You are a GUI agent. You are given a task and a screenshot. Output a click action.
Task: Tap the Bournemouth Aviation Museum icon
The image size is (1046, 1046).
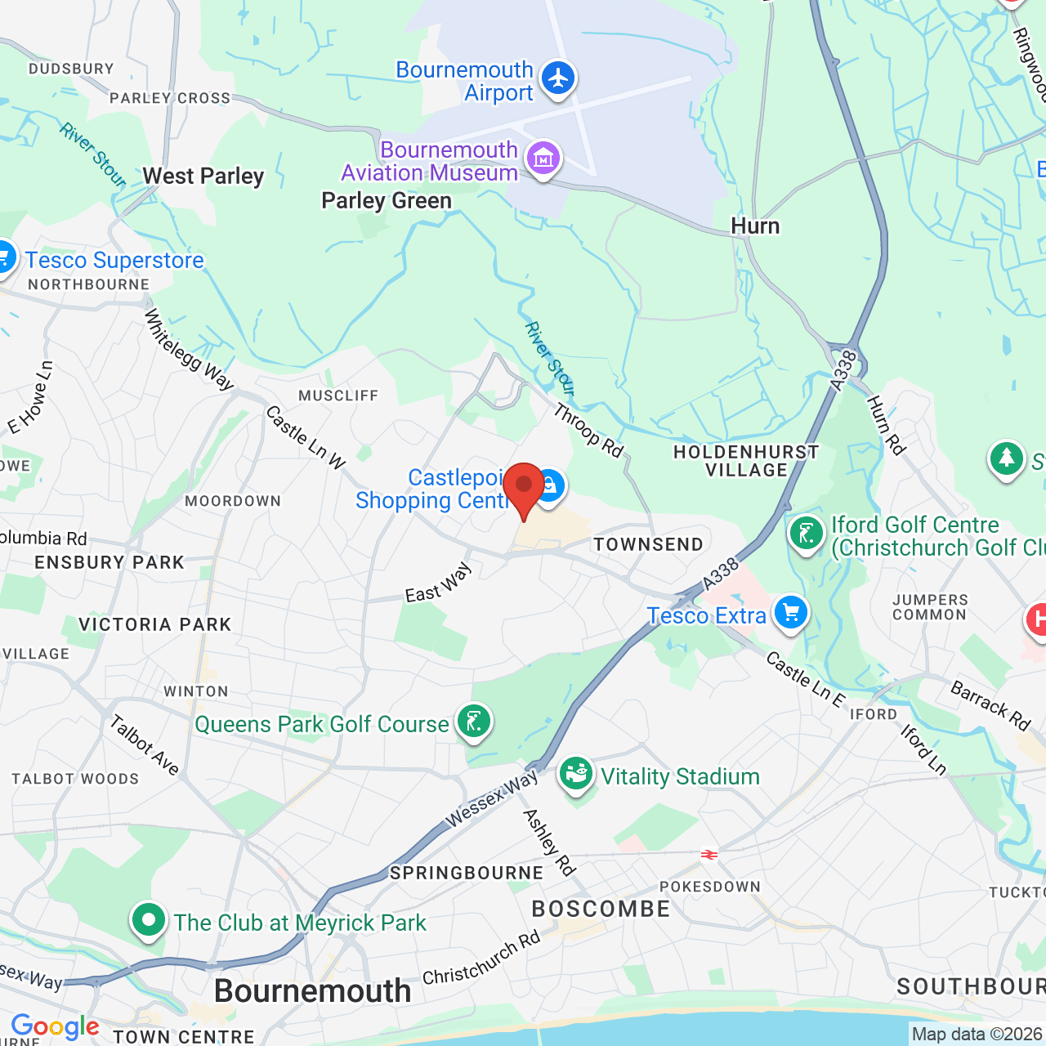(x=543, y=158)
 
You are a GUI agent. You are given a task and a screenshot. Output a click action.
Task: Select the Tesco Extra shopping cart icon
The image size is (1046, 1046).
(x=790, y=612)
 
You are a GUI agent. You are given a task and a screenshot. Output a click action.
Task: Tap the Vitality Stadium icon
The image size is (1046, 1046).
(x=576, y=772)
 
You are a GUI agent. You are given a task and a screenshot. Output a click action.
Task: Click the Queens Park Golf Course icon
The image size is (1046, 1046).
(x=473, y=721)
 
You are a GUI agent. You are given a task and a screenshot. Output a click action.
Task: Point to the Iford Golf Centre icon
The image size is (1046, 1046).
(x=806, y=534)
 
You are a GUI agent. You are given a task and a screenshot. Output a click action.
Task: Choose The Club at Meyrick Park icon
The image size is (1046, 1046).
(x=148, y=920)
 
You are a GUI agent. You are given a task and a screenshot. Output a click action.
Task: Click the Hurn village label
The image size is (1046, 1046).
(x=755, y=226)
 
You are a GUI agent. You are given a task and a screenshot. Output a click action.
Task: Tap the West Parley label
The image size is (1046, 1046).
(x=203, y=177)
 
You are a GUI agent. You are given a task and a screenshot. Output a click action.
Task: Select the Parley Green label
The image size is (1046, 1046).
(x=387, y=201)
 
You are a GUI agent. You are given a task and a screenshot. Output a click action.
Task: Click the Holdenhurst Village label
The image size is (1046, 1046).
(x=746, y=461)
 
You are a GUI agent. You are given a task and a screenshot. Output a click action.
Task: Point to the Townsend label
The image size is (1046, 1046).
(x=648, y=544)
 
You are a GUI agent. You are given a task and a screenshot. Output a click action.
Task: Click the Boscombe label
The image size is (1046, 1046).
(x=601, y=909)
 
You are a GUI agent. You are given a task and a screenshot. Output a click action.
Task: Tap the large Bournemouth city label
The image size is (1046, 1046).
(x=312, y=991)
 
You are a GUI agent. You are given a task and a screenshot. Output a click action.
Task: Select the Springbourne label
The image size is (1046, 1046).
(x=467, y=873)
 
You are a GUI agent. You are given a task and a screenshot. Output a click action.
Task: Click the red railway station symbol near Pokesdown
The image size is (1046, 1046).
(x=709, y=855)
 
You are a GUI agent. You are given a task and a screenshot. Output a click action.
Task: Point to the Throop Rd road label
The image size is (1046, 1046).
(x=588, y=430)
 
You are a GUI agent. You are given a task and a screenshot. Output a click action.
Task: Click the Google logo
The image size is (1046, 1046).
(x=55, y=1026)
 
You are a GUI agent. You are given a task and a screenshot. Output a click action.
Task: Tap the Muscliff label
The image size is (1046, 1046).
(x=338, y=396)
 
